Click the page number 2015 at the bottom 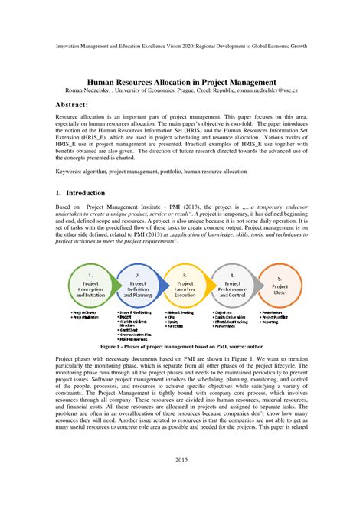[x=181, y=481]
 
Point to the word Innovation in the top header [x=72, y=46]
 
